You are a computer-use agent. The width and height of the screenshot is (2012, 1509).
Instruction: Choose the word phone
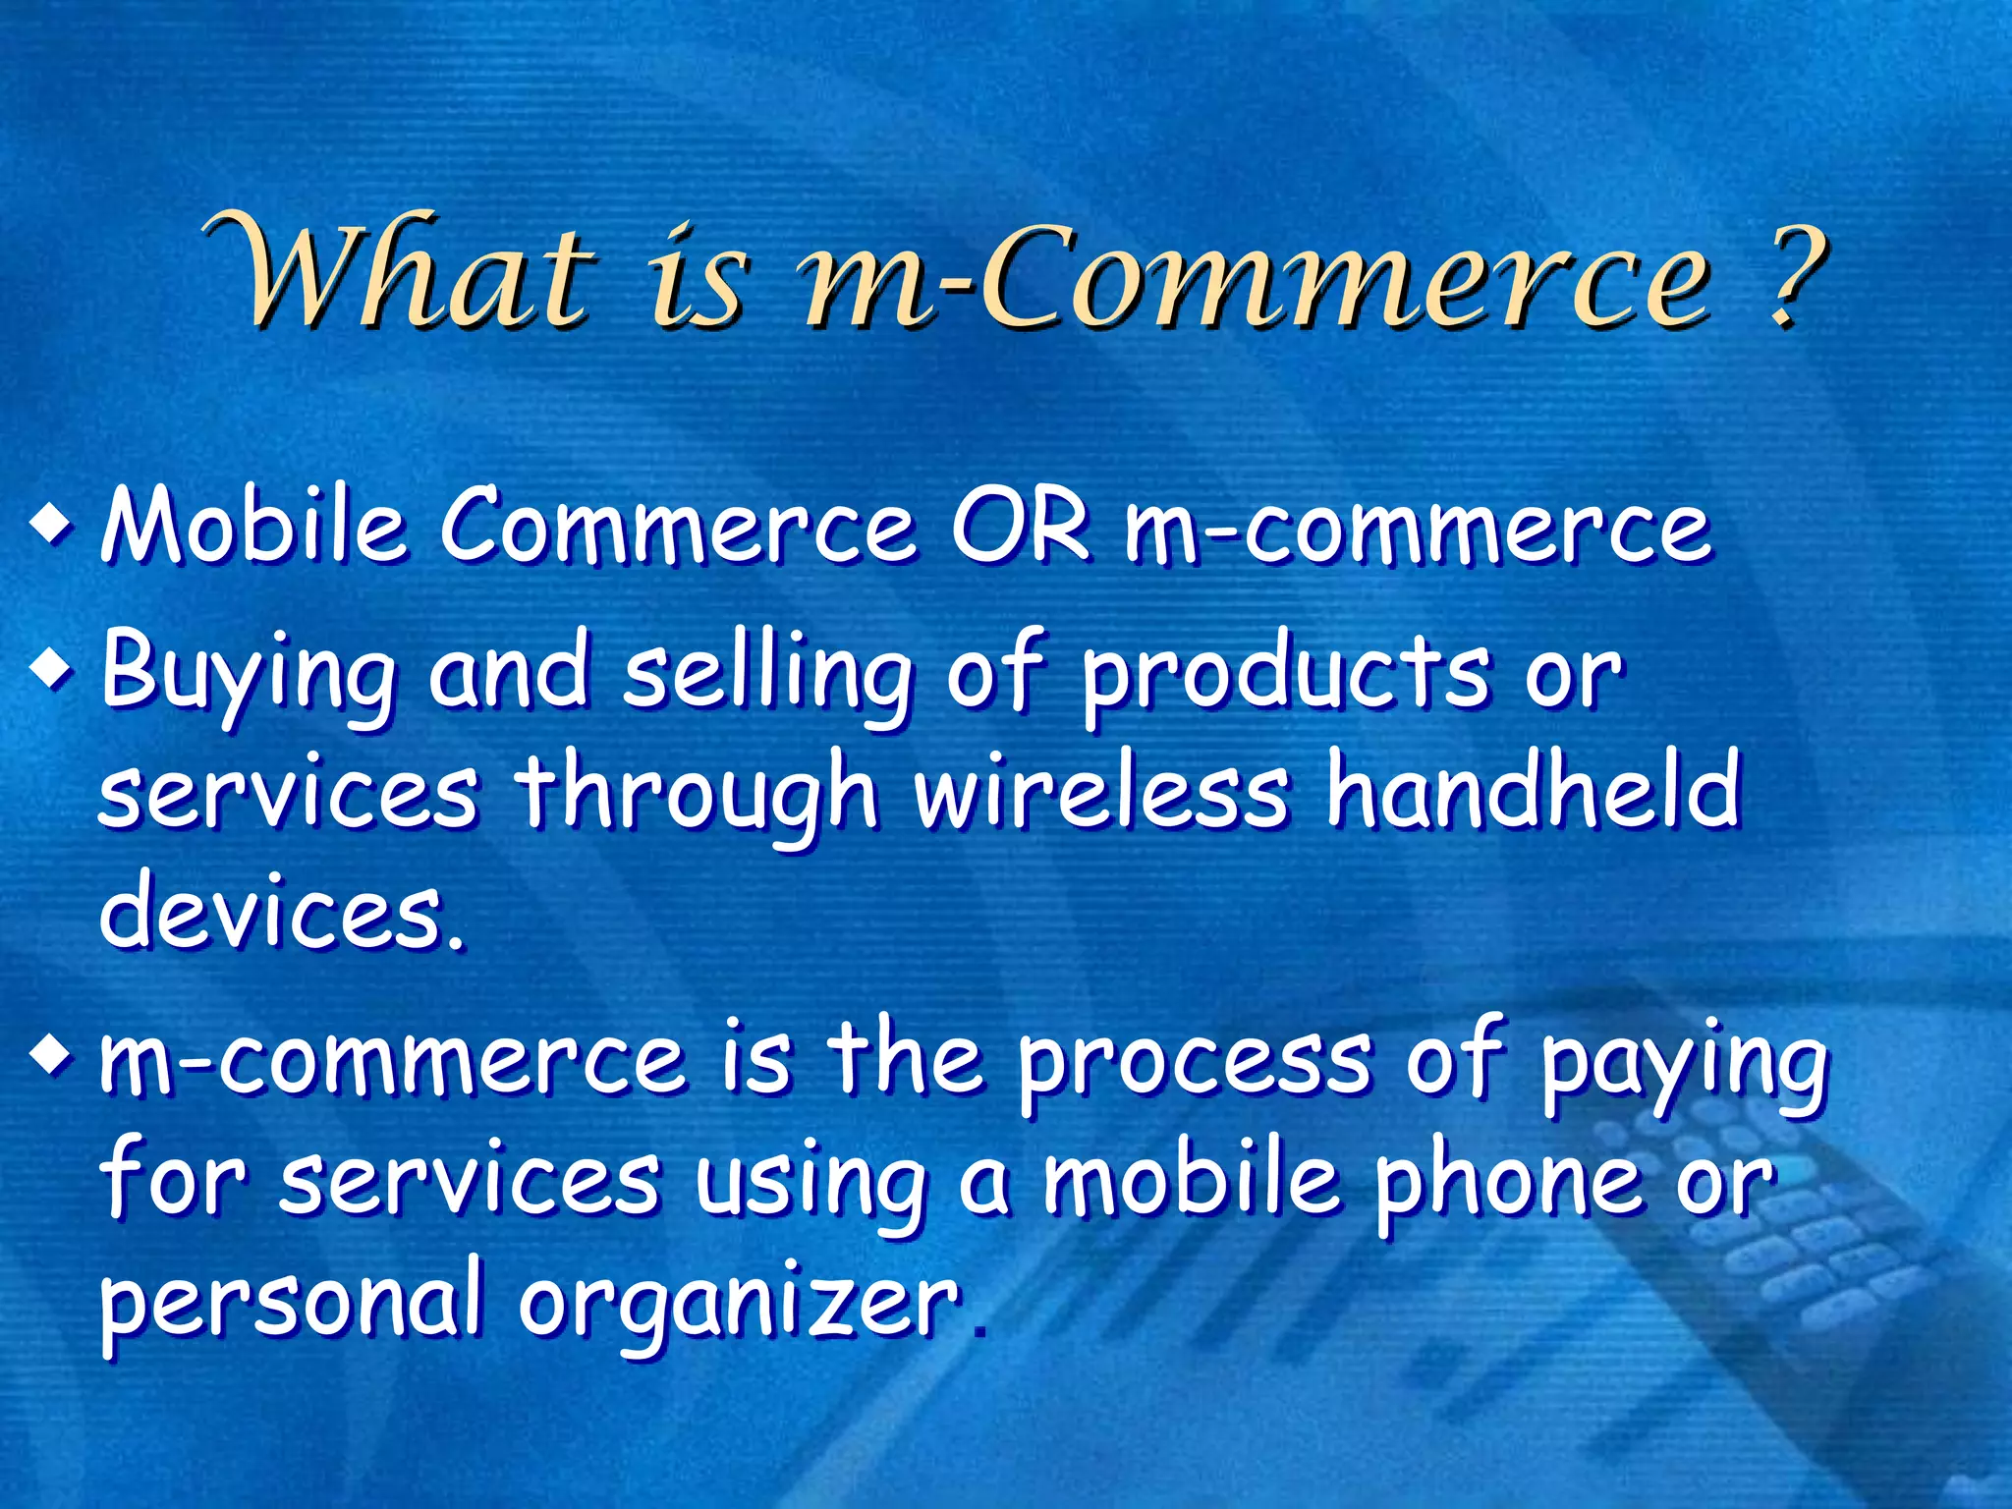pos(1508,1183)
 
